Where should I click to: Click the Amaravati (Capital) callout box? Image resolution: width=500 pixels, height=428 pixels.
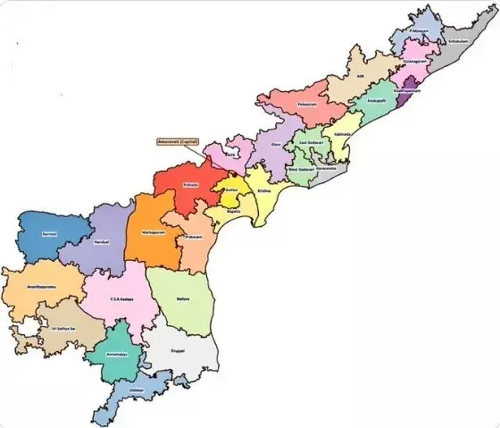click(x=177, y=142)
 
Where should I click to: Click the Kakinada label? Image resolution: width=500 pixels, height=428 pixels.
click(x=342, y=134)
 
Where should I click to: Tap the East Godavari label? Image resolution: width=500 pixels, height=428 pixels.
click(x=312, y=143)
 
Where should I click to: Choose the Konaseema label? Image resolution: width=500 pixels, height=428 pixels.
click(x=327, y=168)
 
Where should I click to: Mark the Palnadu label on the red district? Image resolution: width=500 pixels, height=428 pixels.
click(x=190, y=184)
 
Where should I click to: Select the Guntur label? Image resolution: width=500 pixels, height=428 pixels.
click(x=230, y=190)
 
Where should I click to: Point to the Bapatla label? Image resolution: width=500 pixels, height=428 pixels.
click(x=233, y=213)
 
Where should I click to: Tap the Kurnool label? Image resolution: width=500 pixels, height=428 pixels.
click(x=48, y=233)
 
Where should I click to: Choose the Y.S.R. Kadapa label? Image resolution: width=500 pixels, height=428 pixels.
click(x=121, y=298)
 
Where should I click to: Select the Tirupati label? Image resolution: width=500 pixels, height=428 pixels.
click(x=179, y=352)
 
